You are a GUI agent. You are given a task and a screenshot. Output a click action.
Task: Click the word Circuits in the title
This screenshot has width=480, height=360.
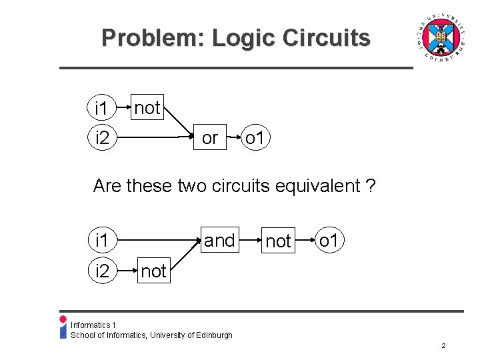326,37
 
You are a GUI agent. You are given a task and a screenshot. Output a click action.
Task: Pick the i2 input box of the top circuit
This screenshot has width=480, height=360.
102,139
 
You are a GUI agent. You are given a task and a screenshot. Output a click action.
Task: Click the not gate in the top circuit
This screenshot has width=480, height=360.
147,107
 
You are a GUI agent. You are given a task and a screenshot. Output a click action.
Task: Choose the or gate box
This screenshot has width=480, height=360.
209,138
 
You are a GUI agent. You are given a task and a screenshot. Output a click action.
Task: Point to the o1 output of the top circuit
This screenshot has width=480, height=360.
257,139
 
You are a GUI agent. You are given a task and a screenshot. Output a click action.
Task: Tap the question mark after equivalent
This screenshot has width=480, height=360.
370,185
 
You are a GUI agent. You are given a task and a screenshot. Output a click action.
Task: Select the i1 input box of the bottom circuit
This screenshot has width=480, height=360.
102,240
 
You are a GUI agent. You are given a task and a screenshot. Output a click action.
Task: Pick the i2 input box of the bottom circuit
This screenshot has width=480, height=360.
102,271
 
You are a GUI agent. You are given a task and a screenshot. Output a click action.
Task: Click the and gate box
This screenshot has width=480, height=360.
219,240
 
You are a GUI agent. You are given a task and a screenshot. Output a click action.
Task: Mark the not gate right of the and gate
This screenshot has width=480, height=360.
278,241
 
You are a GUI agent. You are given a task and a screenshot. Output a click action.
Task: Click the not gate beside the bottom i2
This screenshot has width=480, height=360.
153,271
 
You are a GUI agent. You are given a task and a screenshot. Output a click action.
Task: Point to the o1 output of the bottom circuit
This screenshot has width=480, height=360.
329,240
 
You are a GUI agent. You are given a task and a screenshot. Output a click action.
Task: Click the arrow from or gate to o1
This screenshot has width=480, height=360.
233,139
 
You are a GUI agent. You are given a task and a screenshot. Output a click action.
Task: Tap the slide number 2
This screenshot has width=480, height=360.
443,346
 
